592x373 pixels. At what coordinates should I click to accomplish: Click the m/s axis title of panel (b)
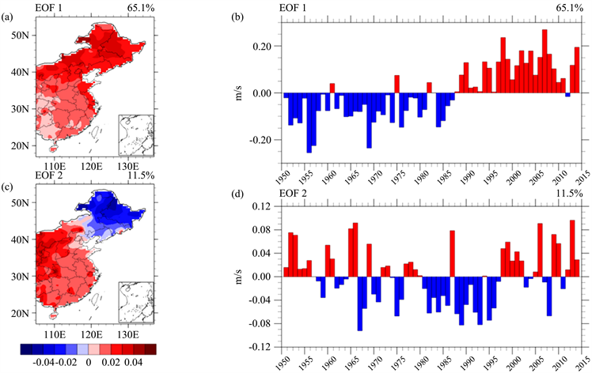[x=235, y=94]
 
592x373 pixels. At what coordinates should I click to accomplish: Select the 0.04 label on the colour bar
[x=142, y=361]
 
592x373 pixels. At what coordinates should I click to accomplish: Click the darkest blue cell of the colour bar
[x=28, y=348]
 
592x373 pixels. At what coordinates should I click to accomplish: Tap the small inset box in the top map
[x=135, y=132]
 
